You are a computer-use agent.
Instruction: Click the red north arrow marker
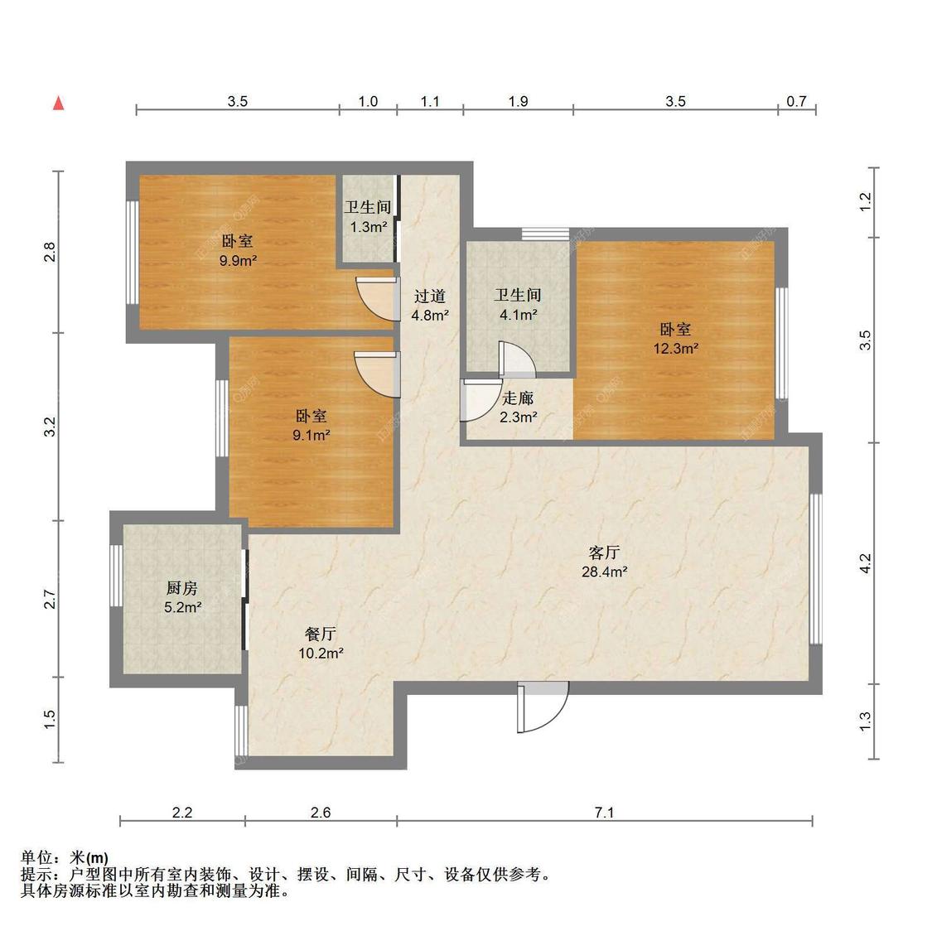pos(59,104)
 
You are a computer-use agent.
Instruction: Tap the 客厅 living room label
pos(604,552)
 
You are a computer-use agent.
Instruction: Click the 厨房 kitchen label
pos(181,588)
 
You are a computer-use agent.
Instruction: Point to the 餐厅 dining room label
pos(320,634)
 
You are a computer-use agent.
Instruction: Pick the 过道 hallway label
pos(430,296)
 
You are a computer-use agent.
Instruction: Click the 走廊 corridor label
pos(518,398)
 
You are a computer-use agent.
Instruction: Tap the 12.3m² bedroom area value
pos(675,349)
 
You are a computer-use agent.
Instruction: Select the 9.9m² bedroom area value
pos(237,260)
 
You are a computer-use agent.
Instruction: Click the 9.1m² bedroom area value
pos(311,434)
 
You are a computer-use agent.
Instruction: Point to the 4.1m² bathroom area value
pos(518,314)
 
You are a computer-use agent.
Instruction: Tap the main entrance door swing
pos(543,706)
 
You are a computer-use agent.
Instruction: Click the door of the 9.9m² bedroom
pos(377,297)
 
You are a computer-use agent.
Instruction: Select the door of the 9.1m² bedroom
pos(377,373)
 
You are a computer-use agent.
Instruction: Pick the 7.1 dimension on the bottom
pos(604,813)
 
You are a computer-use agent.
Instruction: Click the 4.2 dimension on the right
pos(865,563)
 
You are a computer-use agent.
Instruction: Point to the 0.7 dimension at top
pos(796,101)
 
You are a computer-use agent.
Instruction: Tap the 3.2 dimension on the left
pos(50,427)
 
